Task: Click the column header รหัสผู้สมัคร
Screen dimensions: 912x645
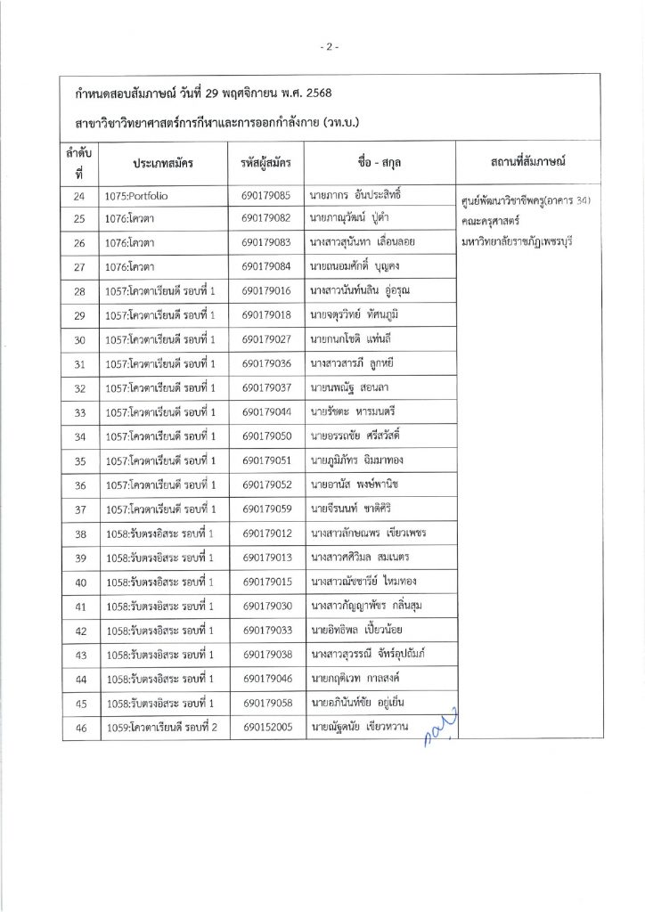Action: click(266, 164)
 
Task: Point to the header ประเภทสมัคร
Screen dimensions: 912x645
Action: click(164, 164)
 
